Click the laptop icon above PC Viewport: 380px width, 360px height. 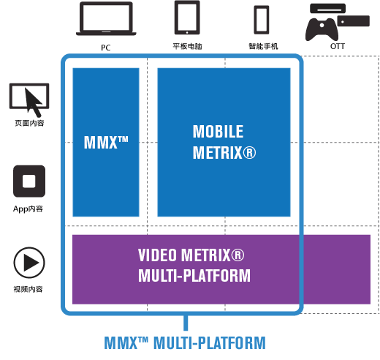pyautogui.click(x=106, y=18)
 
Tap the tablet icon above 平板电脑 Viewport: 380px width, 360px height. pyautogui.click(x=187, y=18)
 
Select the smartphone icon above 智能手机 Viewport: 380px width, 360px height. pyautogui.click(x=262, y=20)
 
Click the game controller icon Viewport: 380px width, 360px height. pyautogui.click(x=322, y=29)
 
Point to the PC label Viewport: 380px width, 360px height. pyautogui.click(x=106, y=48)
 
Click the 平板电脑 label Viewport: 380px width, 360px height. pyautogui.click(x=187, y=46)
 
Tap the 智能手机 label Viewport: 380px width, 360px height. pyautogui.click(x=263, y=46)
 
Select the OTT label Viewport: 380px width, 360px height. pyautogui.click(x=338, y=46)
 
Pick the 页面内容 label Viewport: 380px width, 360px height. pyautogui.click(x=29, y=123)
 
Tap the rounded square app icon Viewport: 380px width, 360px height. pyautogui.click(x=29, y=181)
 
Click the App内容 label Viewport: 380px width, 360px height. pyautogui.click(x=28, y=209)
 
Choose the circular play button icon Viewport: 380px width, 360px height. pyautogui.click(x=29, y=263)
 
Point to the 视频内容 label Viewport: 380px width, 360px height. pyautogui.click(x=28, y=289)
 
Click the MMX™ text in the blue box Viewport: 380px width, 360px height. pyautogui.click(x=106, y=143)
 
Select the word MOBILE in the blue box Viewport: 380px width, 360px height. pyautogui.click(x=218, y=132)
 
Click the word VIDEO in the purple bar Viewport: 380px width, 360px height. pyautogui.click(x=157, y=255)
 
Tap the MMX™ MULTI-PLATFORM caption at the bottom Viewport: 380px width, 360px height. pyautogui.click(x=185, y=342)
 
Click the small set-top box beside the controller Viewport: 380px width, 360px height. pyautogui.click(x=353, y=20)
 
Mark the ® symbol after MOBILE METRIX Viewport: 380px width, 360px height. pyautogui.click(x=249, y=153)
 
